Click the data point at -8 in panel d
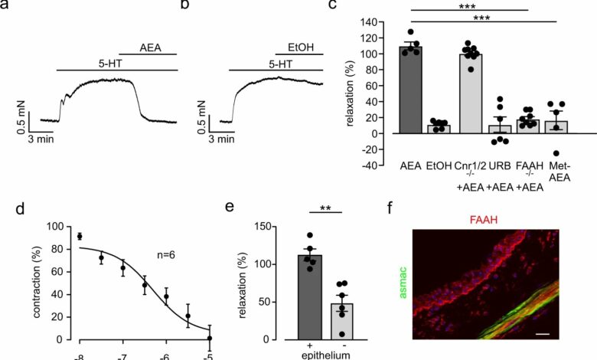[80, 236]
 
